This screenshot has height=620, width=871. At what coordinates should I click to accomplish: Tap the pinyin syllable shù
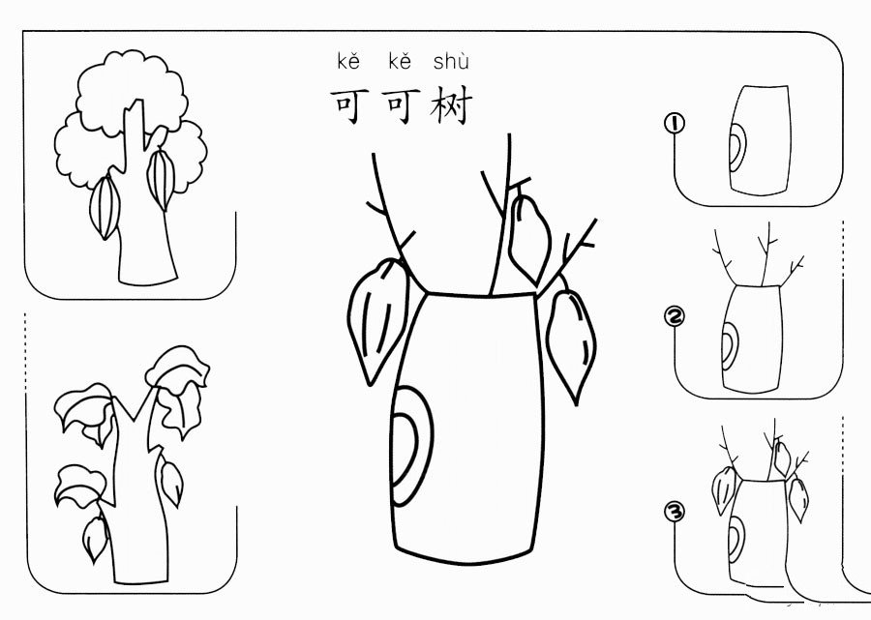pyautogui.click(x=451, y=63)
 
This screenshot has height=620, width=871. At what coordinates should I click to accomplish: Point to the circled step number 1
pyautogui.click(x=675, y=123)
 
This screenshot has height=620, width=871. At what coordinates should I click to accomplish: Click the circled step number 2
pyautogui.click(x=675, y=315)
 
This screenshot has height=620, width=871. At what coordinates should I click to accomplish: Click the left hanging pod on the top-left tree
pyautogui.click(x=105, y=206)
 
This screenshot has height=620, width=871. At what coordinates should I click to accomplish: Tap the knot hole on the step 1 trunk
pyautogui.click(x=736, y=149)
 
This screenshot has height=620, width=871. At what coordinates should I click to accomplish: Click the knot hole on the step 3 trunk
pyautogui.click(x=736, y=535)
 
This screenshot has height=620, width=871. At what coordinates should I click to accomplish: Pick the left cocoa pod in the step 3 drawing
pyautogui.click(x=721, y=489)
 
